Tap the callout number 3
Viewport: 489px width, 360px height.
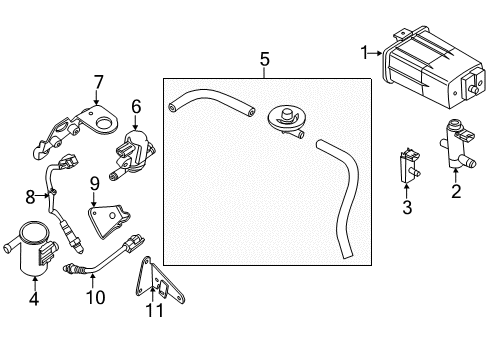(x=406, y=208)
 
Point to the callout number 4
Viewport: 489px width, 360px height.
(x=35, y=297)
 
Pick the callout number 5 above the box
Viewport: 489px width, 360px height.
(x=265, y=60)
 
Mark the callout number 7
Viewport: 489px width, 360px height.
(x=98, y=82)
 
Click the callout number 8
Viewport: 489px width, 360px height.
(x=30, y=196)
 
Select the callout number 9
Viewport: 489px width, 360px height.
(x=94, y=182)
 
